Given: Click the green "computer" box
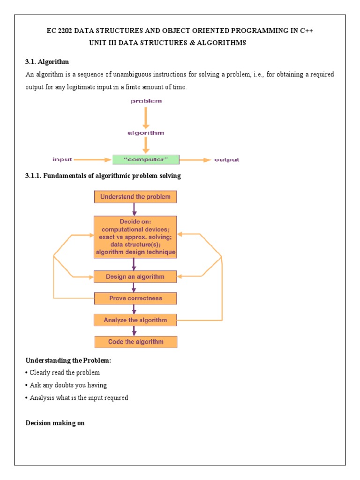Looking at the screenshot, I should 146,159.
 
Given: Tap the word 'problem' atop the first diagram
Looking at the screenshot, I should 146,101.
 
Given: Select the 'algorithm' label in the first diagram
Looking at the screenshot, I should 146,133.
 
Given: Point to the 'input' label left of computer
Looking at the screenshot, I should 62,159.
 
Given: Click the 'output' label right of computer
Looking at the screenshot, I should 226,160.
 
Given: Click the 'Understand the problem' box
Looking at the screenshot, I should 136,196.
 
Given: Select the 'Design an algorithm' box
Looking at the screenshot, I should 136,277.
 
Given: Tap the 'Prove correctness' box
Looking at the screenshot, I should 136,298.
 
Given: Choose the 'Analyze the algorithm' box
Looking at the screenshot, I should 136,320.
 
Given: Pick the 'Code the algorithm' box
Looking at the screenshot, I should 136,342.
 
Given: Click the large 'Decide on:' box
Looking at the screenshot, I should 136,236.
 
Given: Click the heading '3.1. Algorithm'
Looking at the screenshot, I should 47,62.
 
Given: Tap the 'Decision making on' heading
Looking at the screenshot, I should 55,423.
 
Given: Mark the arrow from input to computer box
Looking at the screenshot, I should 94,160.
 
